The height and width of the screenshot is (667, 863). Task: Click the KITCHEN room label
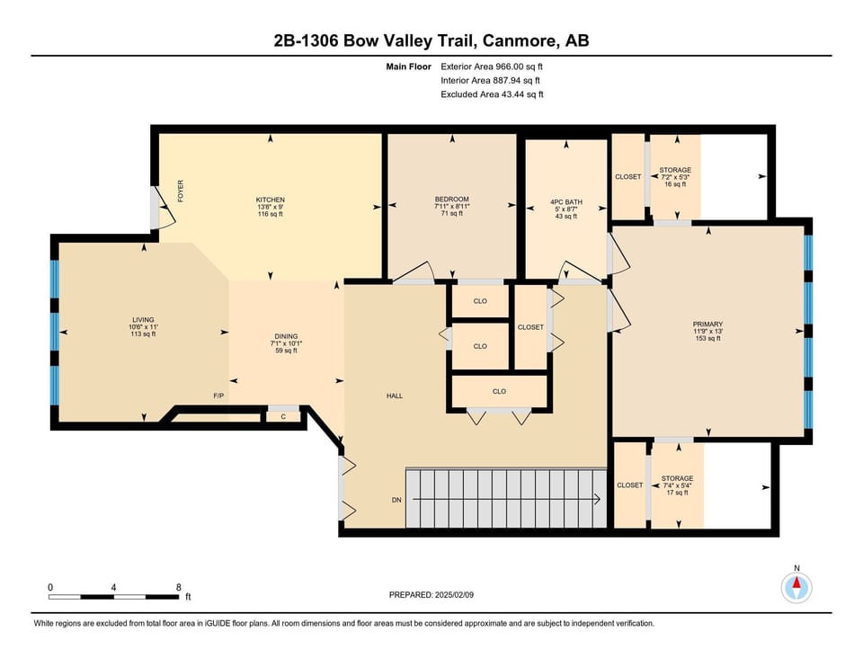click(x=271, y=200)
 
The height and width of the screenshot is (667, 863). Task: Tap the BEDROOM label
click(x=452, y=200)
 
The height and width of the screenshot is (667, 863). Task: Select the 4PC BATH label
click(x=565, y=202)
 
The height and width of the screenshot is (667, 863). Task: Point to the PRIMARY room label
click(x=707, y=325)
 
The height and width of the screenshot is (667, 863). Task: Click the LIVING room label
click(x=143, y=320)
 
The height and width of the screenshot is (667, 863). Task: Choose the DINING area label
click(x=286, y=336)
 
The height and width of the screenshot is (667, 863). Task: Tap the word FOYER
click(x=181, y=191)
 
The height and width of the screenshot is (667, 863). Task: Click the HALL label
click(x=395, y=396)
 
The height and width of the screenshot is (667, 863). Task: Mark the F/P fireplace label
click(x=218, y=396)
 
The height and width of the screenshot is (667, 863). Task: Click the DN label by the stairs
click(x=396, y=500)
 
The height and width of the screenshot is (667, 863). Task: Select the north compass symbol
click(x=796, y=588)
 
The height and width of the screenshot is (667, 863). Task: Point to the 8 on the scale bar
click(x=178, y=587)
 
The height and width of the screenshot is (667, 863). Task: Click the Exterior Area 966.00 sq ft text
click(x=492, y=67)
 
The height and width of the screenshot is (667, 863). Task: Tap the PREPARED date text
click(x=431, y=595)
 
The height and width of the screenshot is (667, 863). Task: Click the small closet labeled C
click(x=283, y=416)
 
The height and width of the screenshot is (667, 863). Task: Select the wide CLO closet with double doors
click(x=499, y=391)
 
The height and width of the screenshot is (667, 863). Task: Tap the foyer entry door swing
click(x=164, y=207)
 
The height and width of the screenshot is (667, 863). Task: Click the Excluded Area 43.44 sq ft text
click(x=492, y=94)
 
